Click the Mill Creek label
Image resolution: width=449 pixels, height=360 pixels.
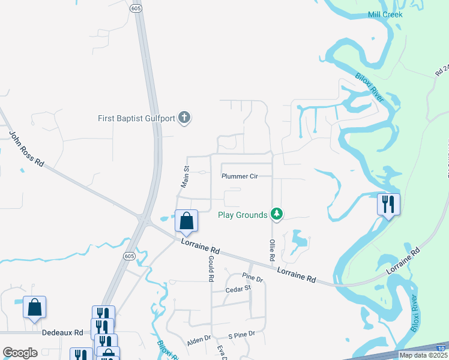tap(385, 14)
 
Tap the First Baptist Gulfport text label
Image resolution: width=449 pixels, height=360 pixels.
tap(136, 118)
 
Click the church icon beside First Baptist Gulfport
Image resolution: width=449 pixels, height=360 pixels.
tap(184, 118)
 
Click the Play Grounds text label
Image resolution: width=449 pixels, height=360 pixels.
tap(242, 215)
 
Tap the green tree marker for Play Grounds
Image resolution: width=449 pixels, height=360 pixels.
tap(276, 214)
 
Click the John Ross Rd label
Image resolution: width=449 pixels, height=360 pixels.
tap(27, 149)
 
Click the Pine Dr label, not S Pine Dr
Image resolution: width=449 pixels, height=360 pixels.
tap(253, 279)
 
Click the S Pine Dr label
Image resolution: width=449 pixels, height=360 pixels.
tap(241, 334)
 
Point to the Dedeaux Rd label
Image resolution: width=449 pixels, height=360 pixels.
tap(62, 331)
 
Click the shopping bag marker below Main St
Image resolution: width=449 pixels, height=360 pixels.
tap(187, 221)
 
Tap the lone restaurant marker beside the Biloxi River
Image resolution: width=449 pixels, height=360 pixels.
tap(388, 204)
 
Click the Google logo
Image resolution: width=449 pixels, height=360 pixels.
tap(20, 353)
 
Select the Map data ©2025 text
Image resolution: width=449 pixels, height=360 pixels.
tap(423, 355)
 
